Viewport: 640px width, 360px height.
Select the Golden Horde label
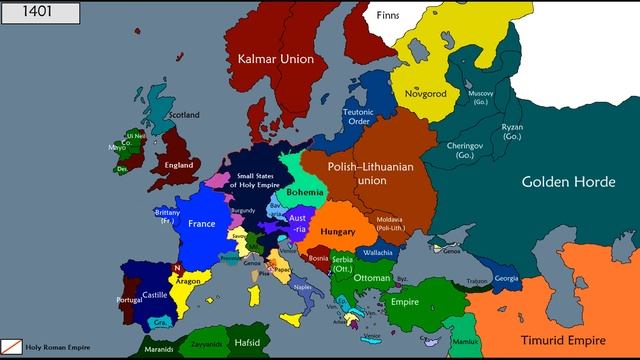[x=573, y=182]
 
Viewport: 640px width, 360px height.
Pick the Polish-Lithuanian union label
[x=371, y=173]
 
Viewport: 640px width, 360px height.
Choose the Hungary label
[x=339, y=231]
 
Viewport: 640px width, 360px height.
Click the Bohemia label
[x=304, y=190]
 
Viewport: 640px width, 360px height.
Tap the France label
[x=202, y=224]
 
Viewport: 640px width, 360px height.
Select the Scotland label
[x=184, y=114]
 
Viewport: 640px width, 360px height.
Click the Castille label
[x=155, y=295]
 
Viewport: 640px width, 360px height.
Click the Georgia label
[x=507, y=278]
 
